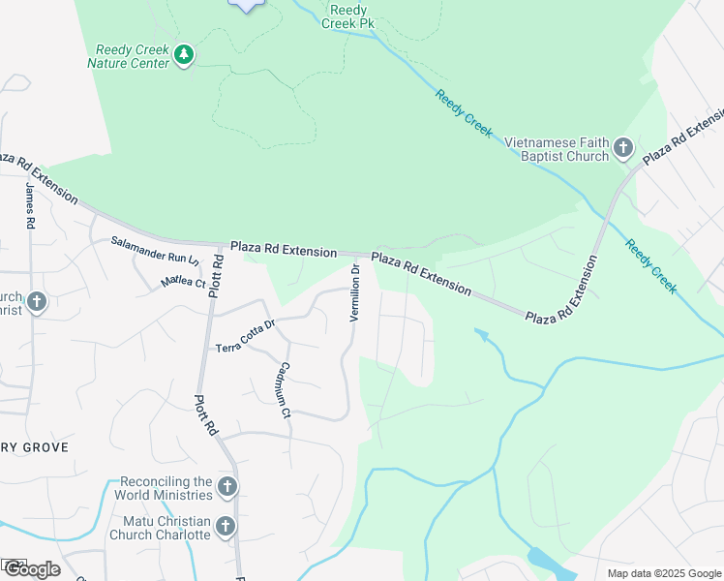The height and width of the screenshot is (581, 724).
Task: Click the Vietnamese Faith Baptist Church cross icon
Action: tap(623, 148)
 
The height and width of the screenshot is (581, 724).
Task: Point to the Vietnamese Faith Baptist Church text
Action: tap(557, 148)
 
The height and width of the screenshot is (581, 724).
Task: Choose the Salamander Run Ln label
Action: tap(155, 252)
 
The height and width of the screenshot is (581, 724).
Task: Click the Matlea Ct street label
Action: tap(183, 282)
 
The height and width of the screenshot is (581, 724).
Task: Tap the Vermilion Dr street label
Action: tap(355, 293)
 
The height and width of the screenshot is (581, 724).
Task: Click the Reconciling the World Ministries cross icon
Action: tap(226, 487)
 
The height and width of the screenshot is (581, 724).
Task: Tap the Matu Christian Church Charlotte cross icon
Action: tap(226, 527)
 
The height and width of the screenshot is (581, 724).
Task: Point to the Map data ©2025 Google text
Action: tap(664, 573)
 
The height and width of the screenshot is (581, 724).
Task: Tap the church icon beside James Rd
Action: tap(37, 303)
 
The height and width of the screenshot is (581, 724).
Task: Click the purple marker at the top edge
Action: tap(248, 5)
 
